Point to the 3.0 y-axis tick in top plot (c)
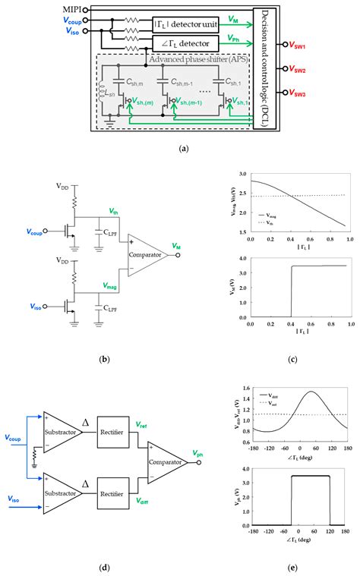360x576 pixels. [243, 175]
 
